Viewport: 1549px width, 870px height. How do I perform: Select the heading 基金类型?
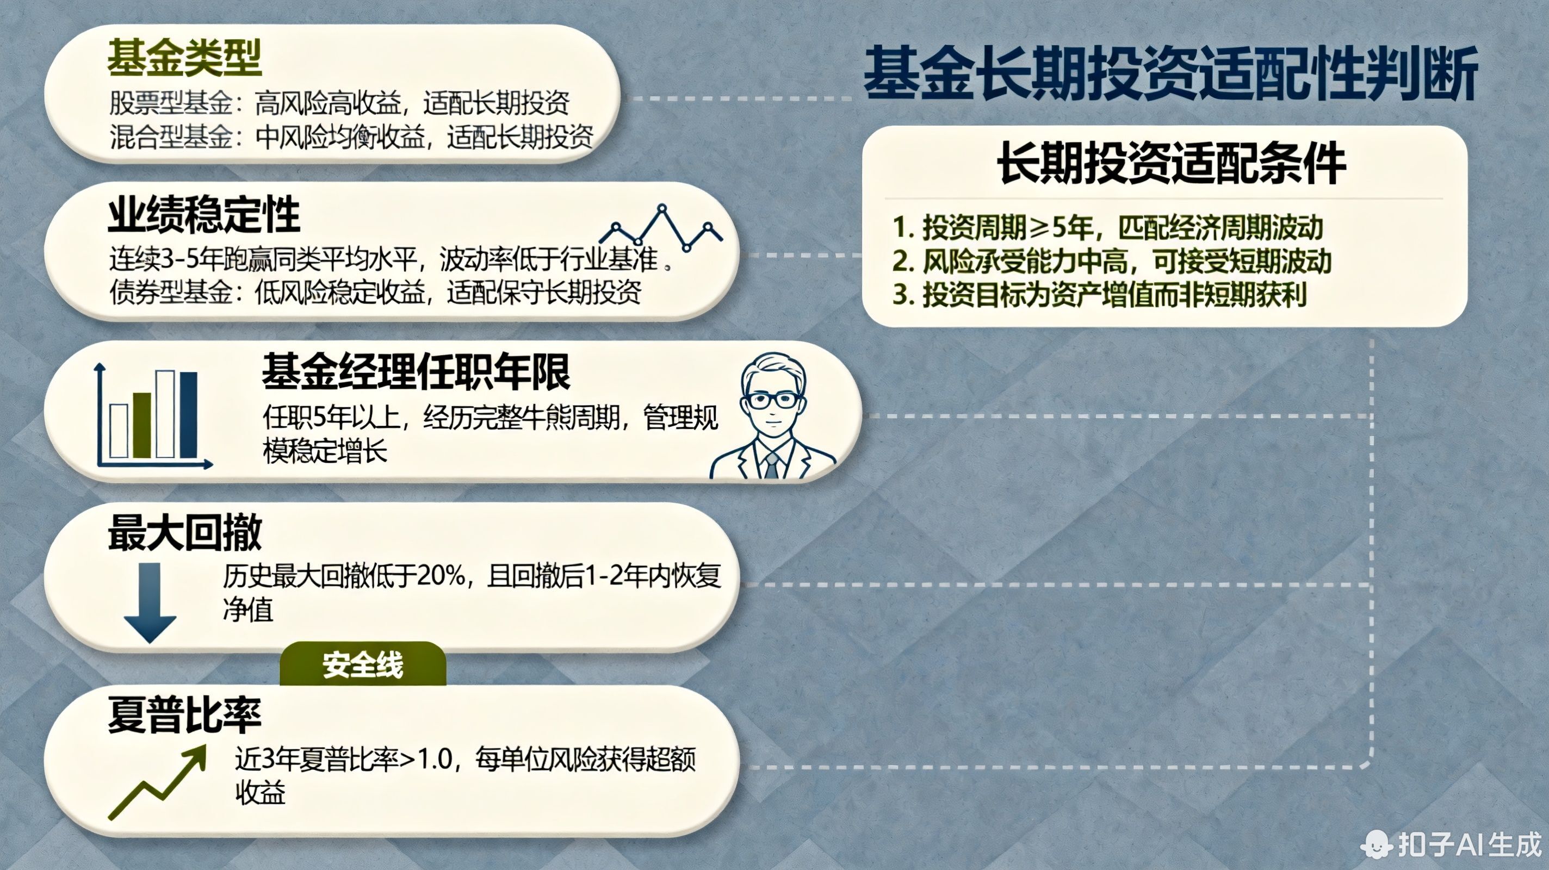pos(184,58)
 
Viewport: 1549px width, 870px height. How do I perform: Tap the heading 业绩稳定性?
pos(204,216)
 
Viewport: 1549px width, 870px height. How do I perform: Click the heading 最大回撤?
pos(184,533)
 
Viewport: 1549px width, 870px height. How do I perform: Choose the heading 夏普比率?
pos(184,716)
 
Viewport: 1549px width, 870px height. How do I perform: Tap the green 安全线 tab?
pos(363,665)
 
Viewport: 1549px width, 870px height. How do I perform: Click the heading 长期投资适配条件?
pos(1171,164)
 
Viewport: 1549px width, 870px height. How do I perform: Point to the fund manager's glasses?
pos(772,400)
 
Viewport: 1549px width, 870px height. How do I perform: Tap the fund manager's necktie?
pos(771,465)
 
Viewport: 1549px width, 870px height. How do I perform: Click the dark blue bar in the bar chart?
pos(188,415)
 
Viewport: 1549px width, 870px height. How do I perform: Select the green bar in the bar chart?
pos(142,425)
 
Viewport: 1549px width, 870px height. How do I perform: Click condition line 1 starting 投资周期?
pos(1107,227)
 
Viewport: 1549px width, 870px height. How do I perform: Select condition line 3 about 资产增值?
pos(1099,295)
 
